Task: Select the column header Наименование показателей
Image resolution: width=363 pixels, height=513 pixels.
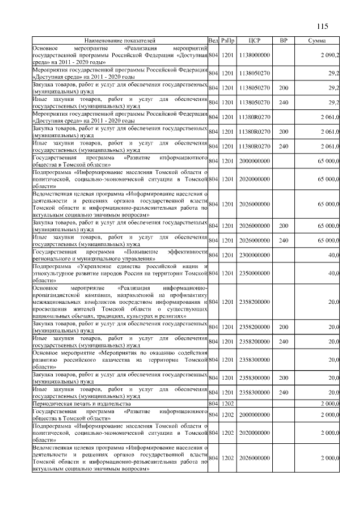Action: coord(120,41)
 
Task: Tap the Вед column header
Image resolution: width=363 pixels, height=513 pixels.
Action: coord(213,41)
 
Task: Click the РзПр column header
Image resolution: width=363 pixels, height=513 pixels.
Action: coord(228,41)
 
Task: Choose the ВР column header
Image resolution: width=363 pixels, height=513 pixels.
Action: coord(284,41)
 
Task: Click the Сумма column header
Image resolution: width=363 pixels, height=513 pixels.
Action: coord(316,41)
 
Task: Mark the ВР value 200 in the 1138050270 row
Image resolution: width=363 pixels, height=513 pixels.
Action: coord(284,88)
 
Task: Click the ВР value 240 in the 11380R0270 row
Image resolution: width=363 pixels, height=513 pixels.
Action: coord(284,146)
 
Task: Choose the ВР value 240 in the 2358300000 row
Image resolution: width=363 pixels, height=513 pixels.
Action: coord(284,392)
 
